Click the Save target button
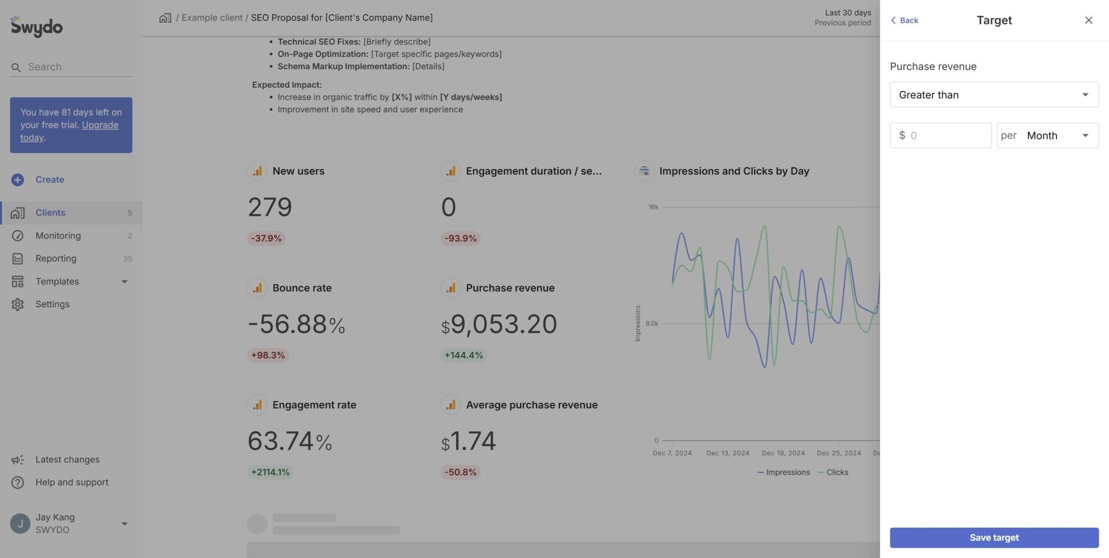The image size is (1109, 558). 994,537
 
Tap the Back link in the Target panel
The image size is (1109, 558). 904,21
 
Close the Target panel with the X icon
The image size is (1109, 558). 1088,21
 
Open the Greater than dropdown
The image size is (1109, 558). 994,95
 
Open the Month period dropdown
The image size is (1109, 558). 1048,135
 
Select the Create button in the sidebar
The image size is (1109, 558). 49,180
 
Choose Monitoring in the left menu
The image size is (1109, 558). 58,235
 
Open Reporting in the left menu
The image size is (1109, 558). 56,259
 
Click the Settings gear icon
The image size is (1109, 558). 17,304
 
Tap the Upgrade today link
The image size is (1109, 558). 99,125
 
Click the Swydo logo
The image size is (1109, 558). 36,26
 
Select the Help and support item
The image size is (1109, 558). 71,482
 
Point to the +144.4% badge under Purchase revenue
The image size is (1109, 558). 464,356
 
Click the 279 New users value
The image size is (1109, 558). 270,207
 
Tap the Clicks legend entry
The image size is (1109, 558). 837,472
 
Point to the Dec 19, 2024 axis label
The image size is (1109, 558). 783,453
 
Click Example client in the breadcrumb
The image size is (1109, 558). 212,18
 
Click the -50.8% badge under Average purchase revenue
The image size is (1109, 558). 460,472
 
